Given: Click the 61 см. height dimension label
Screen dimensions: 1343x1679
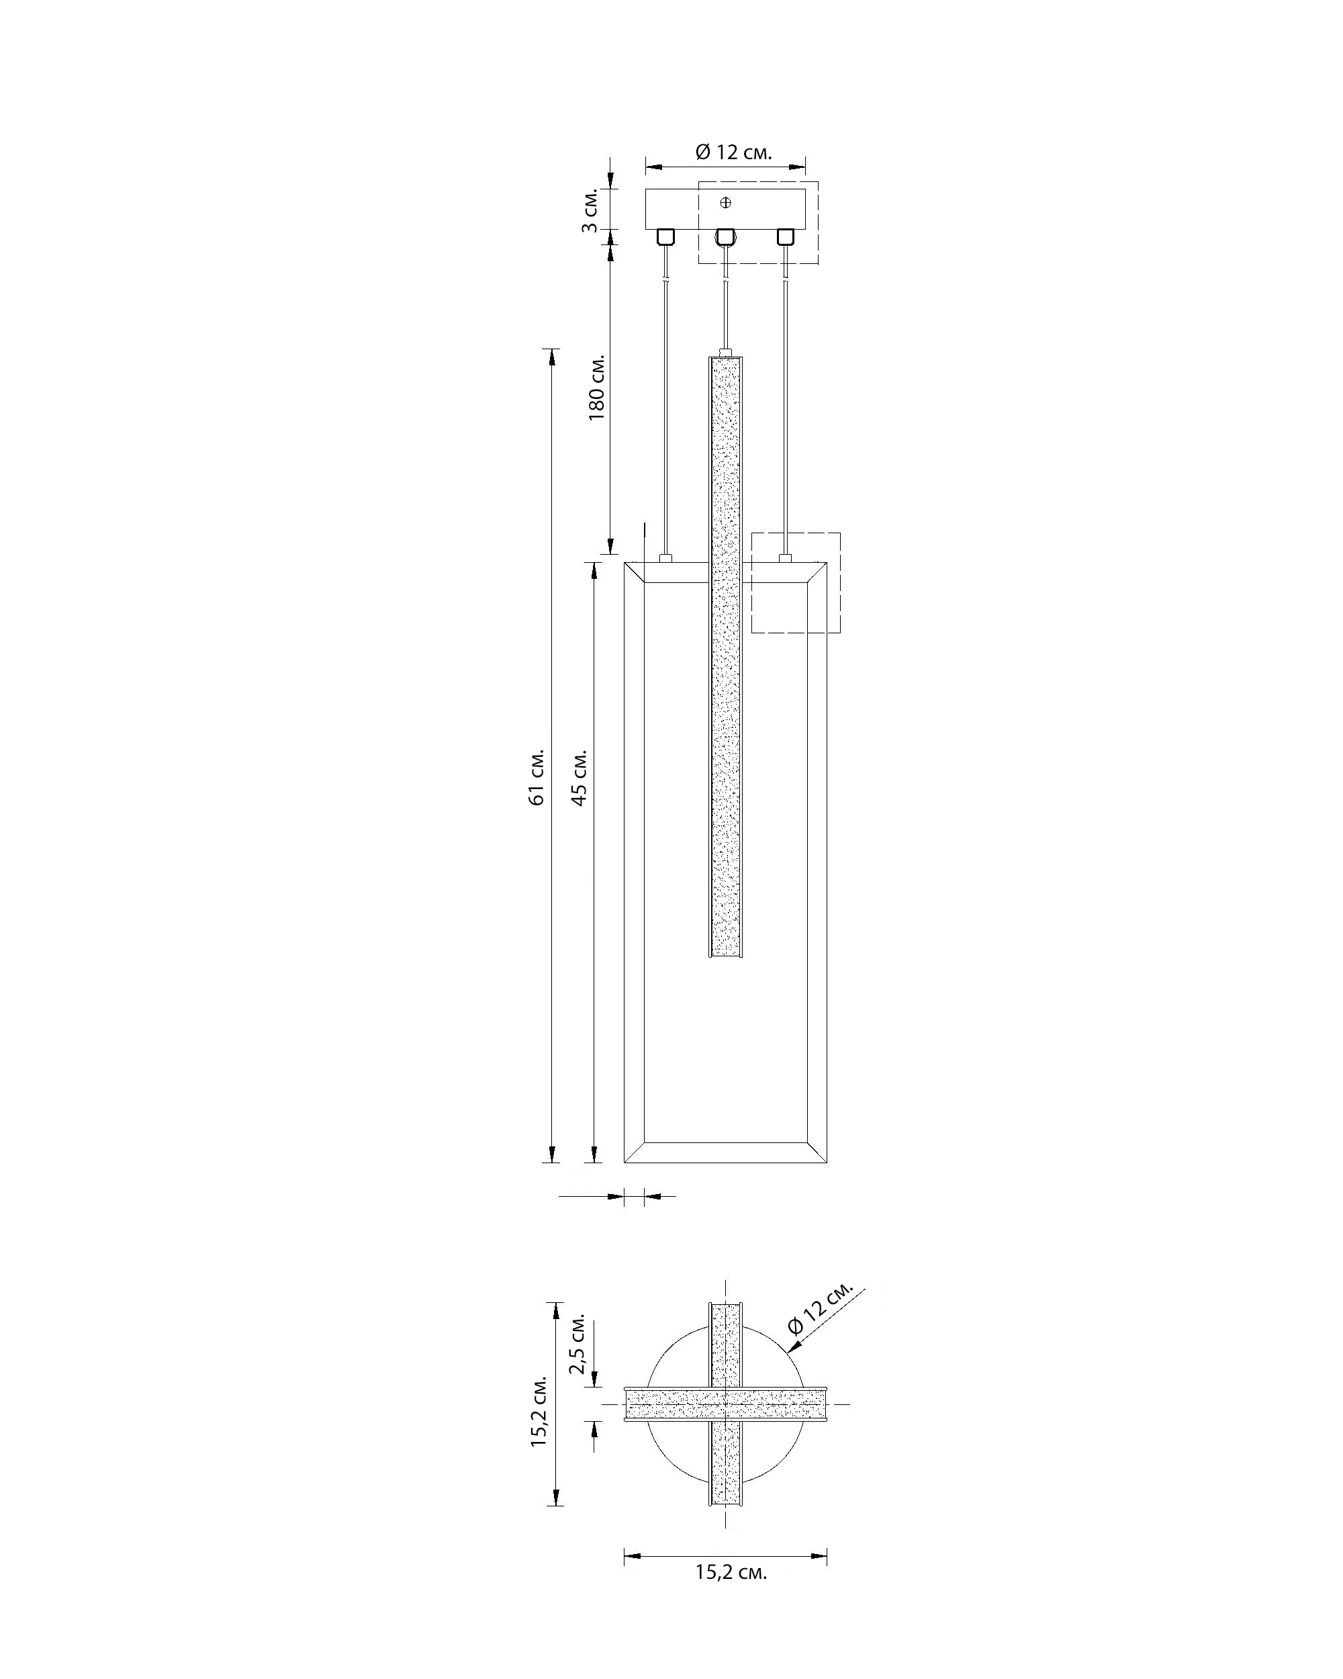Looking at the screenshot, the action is point(537,777).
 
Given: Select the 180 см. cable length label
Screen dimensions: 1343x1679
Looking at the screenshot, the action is point(596,388).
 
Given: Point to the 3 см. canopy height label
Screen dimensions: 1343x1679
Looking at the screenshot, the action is point(590,210).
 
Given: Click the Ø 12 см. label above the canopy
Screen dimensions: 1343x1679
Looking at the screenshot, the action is point(733,152).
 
